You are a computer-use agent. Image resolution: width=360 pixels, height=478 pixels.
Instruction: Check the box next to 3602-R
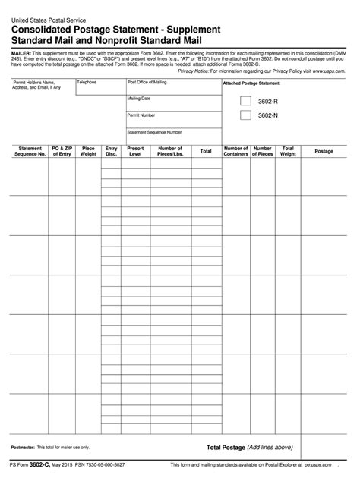pos(245,100)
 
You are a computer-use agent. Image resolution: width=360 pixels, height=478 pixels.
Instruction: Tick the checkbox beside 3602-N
pos(245,115)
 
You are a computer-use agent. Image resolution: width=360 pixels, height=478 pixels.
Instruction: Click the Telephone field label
pos(76,81)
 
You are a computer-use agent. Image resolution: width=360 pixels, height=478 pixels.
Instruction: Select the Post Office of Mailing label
pos(147,81)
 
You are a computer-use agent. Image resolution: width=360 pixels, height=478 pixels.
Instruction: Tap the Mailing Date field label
pos(139,98)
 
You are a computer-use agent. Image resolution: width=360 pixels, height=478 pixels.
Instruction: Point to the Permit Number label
pos(141,115)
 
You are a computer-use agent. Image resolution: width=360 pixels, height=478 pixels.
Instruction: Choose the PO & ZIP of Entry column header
pos(62,151)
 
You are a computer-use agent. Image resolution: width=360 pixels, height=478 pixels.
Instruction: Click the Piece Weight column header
pos(88,151)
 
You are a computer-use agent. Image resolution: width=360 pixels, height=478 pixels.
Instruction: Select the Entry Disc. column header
pos(112,151)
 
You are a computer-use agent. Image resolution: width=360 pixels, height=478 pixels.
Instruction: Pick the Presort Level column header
pos(136,151)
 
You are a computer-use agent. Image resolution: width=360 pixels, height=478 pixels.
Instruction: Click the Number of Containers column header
pos(235,151)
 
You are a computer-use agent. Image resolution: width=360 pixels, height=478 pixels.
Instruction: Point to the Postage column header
pos(324,151)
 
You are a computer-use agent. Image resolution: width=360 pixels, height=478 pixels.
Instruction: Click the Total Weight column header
pos(288,151)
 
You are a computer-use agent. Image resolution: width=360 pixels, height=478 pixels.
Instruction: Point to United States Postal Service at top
pos(47,17)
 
